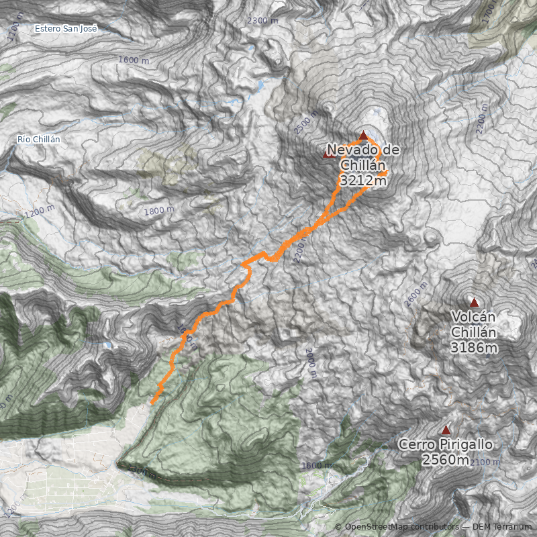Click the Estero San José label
coord(66,28)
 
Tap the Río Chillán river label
coord(39,139)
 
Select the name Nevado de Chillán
coord(363,157)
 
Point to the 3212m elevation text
coord(363,181)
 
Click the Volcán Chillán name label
coord(474,324)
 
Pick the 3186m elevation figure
coord(474,348)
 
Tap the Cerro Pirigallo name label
coord(446,444)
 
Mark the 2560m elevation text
coord(446,460)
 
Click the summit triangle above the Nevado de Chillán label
coord(364,136)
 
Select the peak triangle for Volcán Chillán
coord(474,303)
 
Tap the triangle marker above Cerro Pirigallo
coord(446,430)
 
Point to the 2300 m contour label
coord(262,21)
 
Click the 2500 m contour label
coord(305,123)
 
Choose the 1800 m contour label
coord(159,211)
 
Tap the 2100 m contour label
coord(487,462)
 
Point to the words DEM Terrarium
coord(501,527)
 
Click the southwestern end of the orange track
coord(153,402)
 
